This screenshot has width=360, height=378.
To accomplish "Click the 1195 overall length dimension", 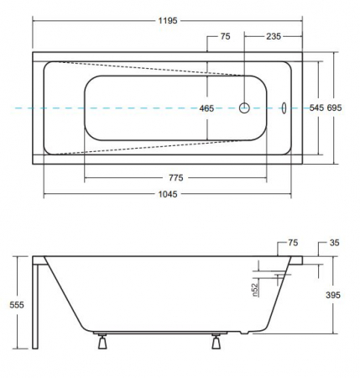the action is pos(168,20).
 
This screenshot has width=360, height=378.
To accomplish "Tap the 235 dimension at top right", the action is pos(274,36).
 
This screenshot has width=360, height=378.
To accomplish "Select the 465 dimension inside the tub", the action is pos(206,108).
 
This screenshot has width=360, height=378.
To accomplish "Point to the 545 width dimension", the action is pos(316,108).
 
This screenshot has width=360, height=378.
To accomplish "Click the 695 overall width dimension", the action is pos(334,108).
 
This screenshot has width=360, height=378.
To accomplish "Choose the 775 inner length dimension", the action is pos(176,178).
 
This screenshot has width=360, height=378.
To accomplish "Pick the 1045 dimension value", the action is pos(168,194).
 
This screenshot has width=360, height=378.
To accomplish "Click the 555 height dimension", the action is pos(17,305).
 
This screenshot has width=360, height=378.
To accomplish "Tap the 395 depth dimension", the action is pos(333,295).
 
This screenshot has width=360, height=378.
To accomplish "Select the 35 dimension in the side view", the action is pos(334,243).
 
